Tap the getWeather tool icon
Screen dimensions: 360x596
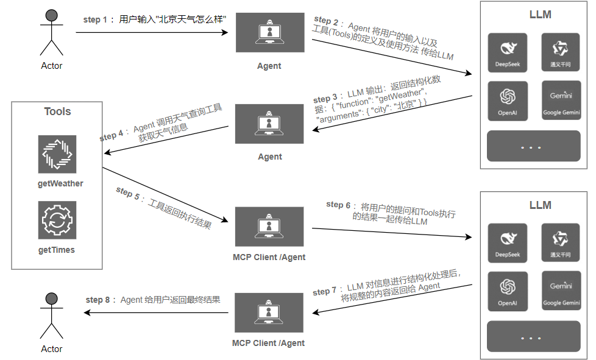(x=57, y=155)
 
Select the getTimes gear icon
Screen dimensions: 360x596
(x=57, y=221)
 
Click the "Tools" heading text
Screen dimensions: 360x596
(x=57, y=111)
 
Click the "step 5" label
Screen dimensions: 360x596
(x=128, y=193)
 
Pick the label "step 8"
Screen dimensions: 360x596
(x=99, y=300)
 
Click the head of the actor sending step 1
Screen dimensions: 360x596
(x=51, y=15)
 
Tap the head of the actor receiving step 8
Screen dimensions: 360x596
(x=51, y=298)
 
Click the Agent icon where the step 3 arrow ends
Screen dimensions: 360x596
(x=269, y=124)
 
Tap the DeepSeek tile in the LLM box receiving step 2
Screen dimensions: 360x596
(x=508, y=52)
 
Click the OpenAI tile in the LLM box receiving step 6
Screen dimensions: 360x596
(x=508, y=290)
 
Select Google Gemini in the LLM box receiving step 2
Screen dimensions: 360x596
(x=561, y=100)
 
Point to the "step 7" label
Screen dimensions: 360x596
(x=325, y=292)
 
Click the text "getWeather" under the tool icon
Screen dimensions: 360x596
(x=60, y=183)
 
